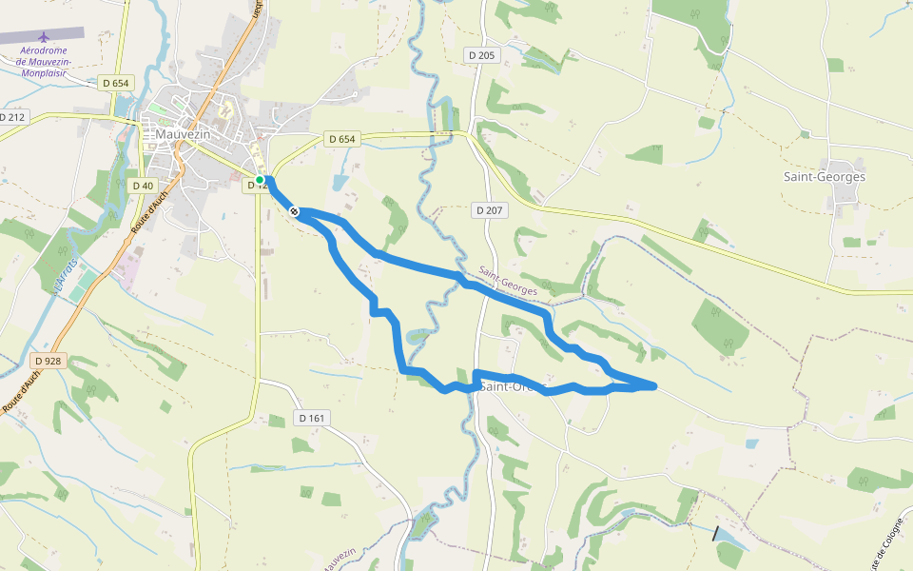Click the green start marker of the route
tap(259, 179)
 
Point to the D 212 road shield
tap(13, 117)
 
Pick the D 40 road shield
tap(143, 186)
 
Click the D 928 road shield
tap(47, 361)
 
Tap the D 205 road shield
tap(481, 55)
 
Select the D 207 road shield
tap(488, 209)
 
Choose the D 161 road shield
tap(312, 418)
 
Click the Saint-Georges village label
tap(824, 177)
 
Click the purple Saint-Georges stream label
tap(509, 280)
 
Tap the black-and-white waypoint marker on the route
tap(295, 211)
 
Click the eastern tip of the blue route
tap(655, 385)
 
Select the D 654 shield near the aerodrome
tap(114, 83)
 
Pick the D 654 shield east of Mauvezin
tap(340, 139)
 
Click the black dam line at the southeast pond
tap(716, 533)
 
